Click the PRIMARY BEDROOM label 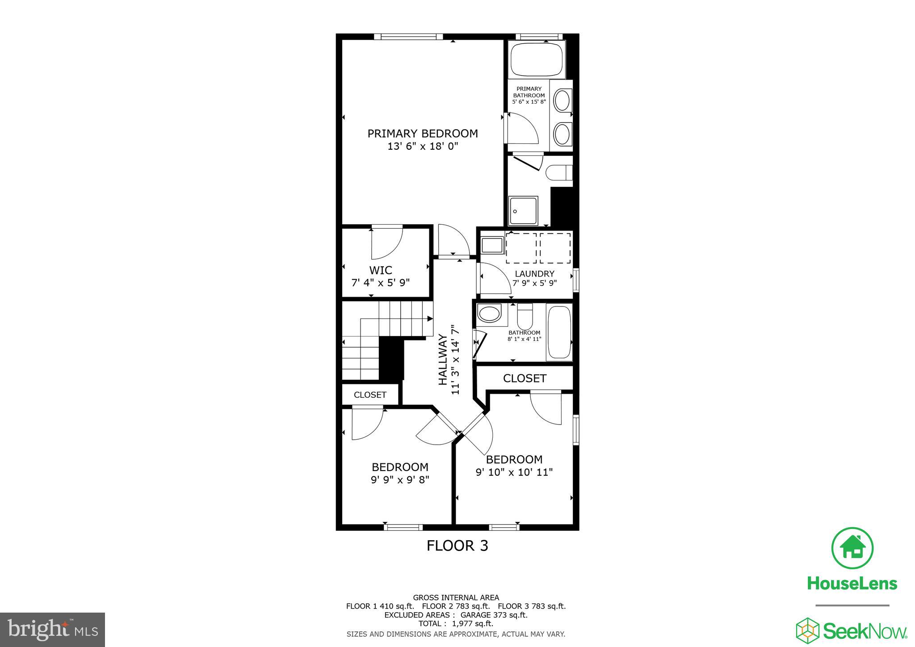tap(422, 134)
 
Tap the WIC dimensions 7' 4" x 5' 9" tap(380, 282)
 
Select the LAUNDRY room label tap(534, 273)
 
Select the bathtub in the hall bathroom tap(559, 332)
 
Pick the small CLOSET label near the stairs tap(370, 395)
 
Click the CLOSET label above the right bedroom tap(525, 378)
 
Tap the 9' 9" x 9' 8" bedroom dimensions tap(400, 479)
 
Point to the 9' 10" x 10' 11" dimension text tap(514, 472)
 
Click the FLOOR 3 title tap(457, 546)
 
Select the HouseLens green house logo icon tap(852, 549)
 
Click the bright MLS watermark tap(53, 630)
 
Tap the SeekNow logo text tap(864, 631)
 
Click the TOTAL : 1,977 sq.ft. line tap(456, 623)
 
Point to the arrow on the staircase tap(429, 319)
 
